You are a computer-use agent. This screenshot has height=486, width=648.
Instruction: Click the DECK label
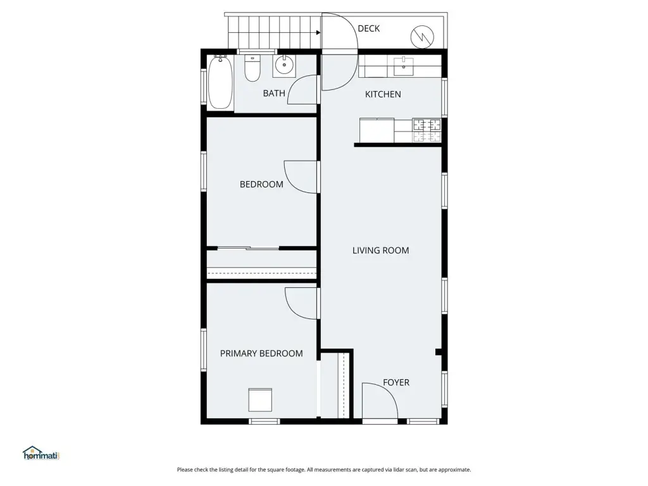click(x=369, y=28)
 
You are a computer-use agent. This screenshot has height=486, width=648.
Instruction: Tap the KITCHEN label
click(x=383, y=94)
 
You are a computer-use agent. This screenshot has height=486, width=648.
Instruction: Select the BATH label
click(x=274, y=94)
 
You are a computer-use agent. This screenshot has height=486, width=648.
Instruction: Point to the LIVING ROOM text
click(x=380, y=251)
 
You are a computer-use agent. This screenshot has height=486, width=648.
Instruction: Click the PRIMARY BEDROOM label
click(x=261, y=353)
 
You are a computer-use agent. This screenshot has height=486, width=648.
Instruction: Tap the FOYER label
click(x=396, y=383)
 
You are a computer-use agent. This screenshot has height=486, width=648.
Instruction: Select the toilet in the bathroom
click(x=252, y=68)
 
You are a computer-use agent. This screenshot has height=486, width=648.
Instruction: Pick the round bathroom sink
click(x=284, y=66)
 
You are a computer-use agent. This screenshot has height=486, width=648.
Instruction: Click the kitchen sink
click(x=403, y=66)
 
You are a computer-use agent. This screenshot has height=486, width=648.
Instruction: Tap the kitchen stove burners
click(x=427, y=130)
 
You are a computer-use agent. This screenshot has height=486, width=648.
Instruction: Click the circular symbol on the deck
click(x=422, y=37)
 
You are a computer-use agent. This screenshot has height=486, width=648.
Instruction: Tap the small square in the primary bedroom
click(x=260, y=400)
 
